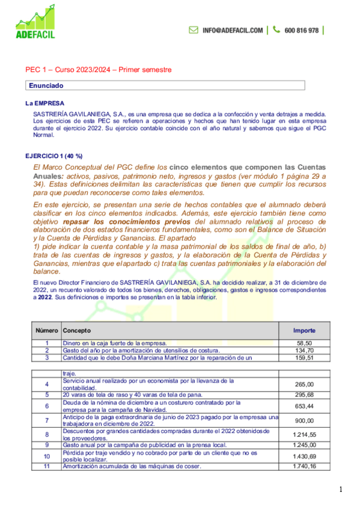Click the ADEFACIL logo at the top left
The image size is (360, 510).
pyautogui.click(x=35, y=23)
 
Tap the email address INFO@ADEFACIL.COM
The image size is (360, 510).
pyautogui.click(x=233, y=30)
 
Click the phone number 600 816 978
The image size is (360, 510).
pyautogui.click(x=301, y=30)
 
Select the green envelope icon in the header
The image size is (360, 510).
pyautogui.click(x=194, y=30)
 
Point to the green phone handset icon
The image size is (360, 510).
pyautogui.click(x=276, y=30)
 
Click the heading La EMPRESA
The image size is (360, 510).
pyautogui.click(x=49, y=103)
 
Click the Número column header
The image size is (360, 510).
pyautogui.click(x=46, y=331)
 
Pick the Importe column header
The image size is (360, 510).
pyautogui.click(x=303, y=331)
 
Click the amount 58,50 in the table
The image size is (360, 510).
pyautogui.click(x=306, y=343)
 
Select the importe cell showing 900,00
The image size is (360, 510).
pyautogui.click(x=305, y=420)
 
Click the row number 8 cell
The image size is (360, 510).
pyautogui.click(x=46, y=433)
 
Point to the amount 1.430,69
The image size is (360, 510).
pyautogui.click(x=304, y=456)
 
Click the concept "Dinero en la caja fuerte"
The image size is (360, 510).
pyautogui.click(x=114, y=343)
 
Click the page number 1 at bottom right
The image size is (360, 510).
pyautogui.click(x=341, y=490)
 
